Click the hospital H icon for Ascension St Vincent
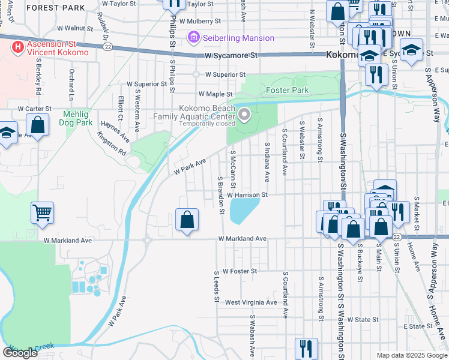pyautogui.click(x=19, y=46)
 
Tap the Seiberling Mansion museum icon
pyautogui.click(x=194, y=38)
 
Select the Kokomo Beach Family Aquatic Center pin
pyautogui.click(x=244, y=114)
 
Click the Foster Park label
pyautogui.click(x=287, y=91)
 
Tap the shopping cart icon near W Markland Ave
pyautogui.click(x=43, y=212)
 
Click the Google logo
pyautogui.click(x=20, y=353)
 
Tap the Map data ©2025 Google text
pyautogui.click(x=411, y=355)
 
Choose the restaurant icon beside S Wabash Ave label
pyautogui.click(x=306, y=348)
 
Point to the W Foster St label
pyautogui.click(x=239, y=271)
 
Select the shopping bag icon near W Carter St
pyautogui.click(x=38, y=125)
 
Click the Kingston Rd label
pyautogui.click(x=112, y=145)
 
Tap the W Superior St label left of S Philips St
pyautogui.click(x=146, y=84)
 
